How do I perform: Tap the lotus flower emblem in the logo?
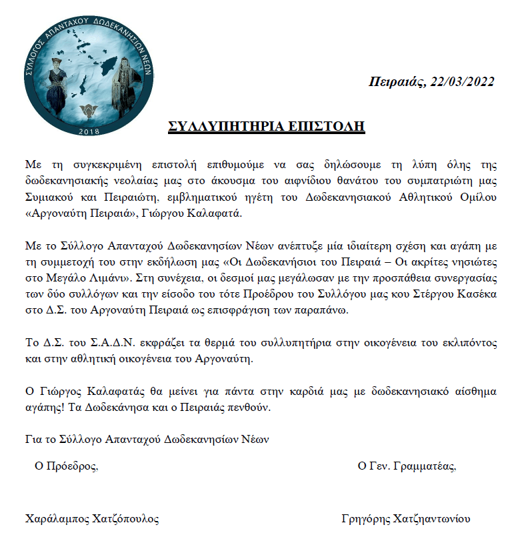click(89, 109)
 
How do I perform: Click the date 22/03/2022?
click(462, 81)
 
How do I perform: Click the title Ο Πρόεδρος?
click(67, 466)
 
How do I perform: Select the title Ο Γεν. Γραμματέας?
click(407, 466)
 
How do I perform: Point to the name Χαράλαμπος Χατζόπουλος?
click(92, 519)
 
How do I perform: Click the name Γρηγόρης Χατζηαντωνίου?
click(406, 519)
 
